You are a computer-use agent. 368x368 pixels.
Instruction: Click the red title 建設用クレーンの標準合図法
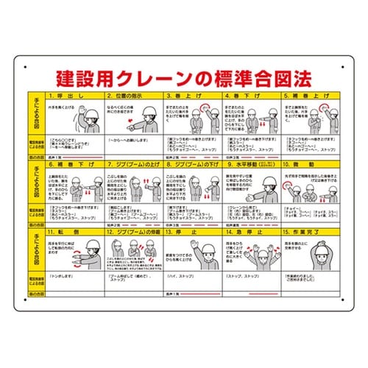tap(184, 78)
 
